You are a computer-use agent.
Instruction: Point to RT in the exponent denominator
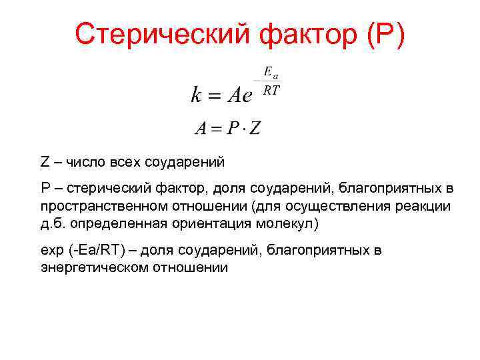click(x=271, y=91)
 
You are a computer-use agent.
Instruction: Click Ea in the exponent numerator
click(x=271, y=71)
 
